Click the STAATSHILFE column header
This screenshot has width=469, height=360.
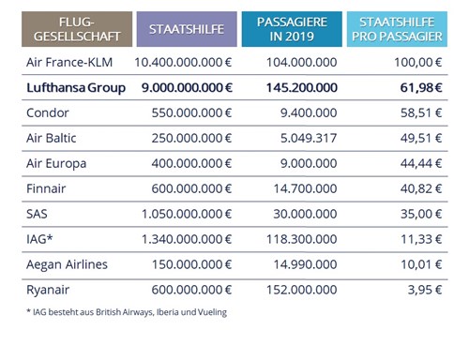(x=184, y=29)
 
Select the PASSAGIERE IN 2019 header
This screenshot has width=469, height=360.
(x=292, y=29)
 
